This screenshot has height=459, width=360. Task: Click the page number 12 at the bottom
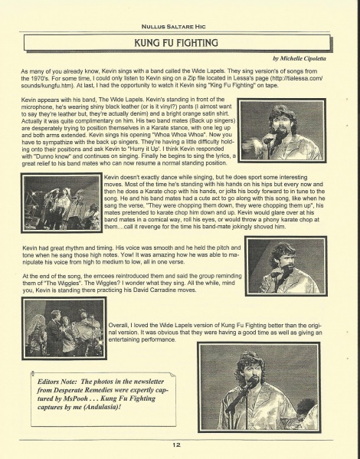pos(175,444)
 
